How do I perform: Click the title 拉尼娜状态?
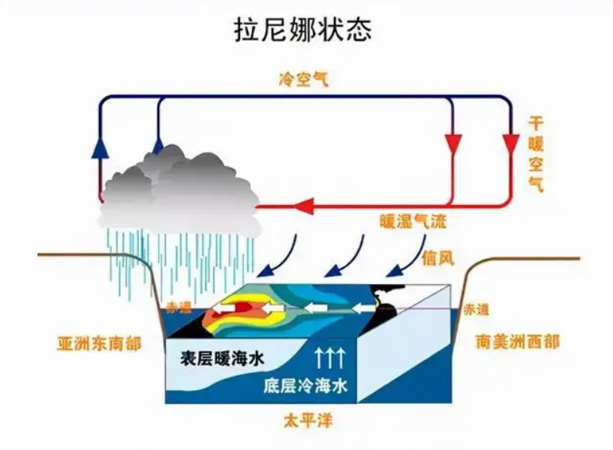tap(303, 29)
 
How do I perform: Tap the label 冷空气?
tap(304, 80)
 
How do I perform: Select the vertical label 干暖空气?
tap(536, 154)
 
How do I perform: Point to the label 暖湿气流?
tap(413, 221)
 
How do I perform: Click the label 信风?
tap(438, 258)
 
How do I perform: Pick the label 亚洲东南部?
tap(99, 344)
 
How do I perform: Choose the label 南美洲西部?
tap(518, 342)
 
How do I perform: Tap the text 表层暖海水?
tap(222, 359)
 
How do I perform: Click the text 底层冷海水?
tap(305, 385)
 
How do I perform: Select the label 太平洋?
tap(309, 421)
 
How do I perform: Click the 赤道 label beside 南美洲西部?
tap(477, 310)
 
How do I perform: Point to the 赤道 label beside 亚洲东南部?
tap(179, 308)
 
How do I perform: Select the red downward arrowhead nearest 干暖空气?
tap(511, 144)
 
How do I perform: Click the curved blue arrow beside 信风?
tap(411, 258)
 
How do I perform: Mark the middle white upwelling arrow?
tap(329, 359)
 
